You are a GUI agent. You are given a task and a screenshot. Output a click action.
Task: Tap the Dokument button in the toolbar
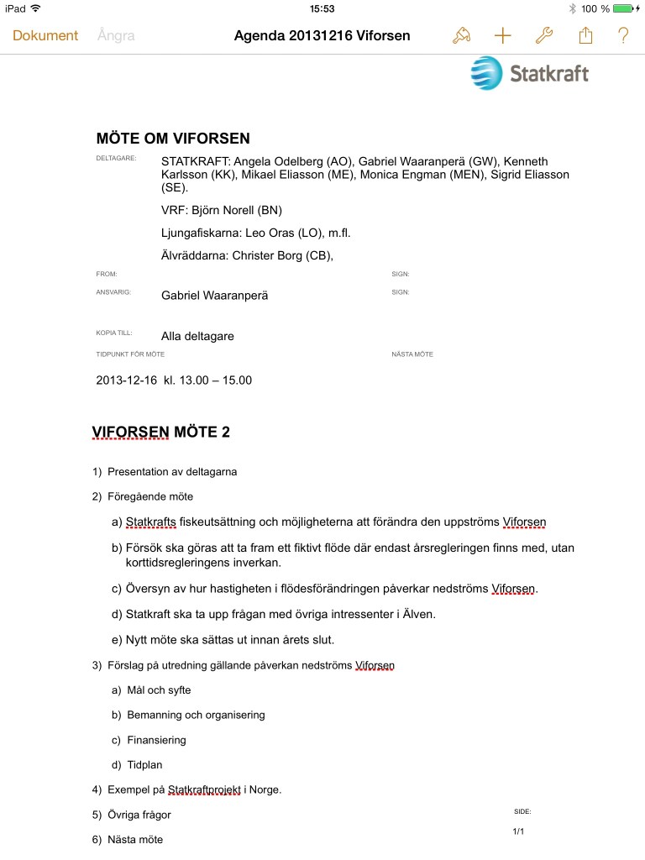(x=45, y=35)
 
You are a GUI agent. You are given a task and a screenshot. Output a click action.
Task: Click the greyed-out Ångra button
(x=116, y=35)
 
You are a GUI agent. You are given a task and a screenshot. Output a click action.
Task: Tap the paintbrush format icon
(x=461, y=35)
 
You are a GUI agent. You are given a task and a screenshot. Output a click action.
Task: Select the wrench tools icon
(x=543, y=35)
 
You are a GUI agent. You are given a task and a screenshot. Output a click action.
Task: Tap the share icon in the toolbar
(x=585, y=35)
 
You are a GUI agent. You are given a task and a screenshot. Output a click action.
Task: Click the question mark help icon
(x=623, y=35)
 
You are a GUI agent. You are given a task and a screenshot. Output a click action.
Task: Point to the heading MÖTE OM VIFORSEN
(x=173, y=139)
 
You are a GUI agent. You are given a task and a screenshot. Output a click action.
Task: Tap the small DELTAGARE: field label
(x=116, y=158)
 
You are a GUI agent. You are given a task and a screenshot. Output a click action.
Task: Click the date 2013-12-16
(x=127, y=380)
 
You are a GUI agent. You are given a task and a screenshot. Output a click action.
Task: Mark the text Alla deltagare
(x=197, y=336)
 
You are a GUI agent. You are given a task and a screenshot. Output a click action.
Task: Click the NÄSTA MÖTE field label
(x=412, y=354)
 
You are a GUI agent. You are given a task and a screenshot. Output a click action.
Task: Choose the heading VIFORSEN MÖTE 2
(x=161, y=432)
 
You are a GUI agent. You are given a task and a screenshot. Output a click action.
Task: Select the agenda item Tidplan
(x=144, y=765)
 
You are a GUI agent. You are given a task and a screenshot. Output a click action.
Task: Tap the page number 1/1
(x=518, y=831)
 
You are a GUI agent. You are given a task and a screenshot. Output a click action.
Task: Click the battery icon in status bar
(x=625, y=8)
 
